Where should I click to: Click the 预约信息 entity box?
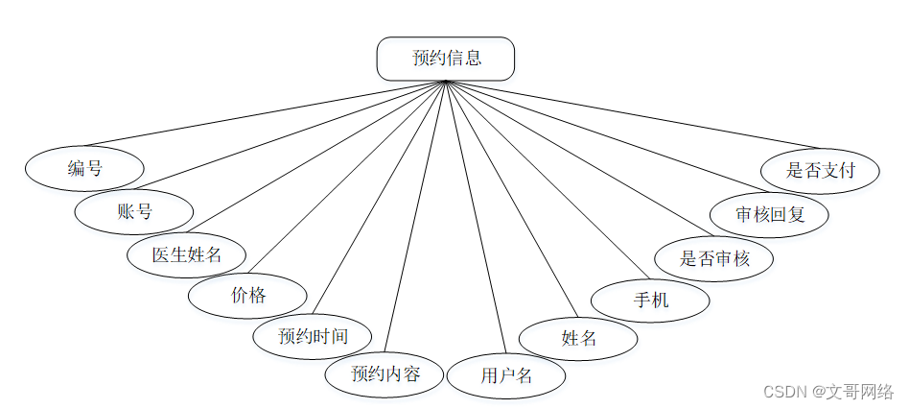446,59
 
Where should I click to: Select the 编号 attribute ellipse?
84,169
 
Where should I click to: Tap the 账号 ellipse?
134,211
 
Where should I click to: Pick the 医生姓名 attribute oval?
187,254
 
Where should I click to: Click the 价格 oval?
247,296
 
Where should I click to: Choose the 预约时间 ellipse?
312,336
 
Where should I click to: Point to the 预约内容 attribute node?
385,373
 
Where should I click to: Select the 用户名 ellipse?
506,375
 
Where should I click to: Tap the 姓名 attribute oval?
578,337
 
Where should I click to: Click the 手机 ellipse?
650,300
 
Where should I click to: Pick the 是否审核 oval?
713,257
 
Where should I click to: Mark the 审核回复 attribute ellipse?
769,214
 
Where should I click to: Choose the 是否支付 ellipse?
820,171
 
